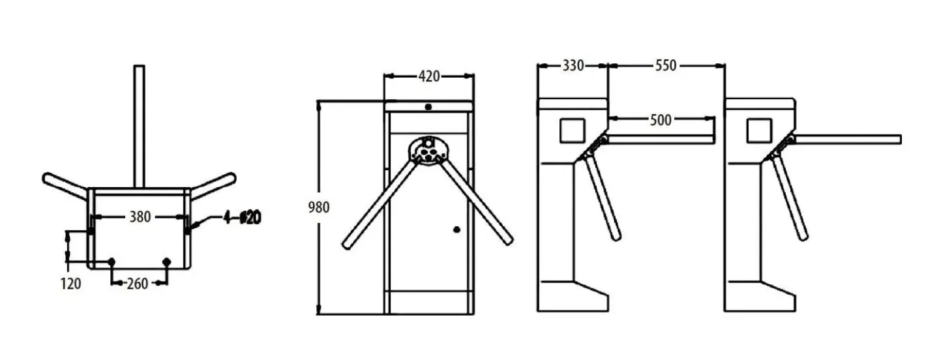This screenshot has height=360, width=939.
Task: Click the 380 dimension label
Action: click(140, 217)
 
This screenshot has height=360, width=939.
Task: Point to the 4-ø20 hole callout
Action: click(242, 217)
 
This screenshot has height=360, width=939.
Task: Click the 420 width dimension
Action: click(428, 76)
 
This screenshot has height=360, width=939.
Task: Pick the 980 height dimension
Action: click(319, 207)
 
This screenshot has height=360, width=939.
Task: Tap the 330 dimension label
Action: click(573, 65)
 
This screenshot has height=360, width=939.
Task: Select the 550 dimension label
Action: click(666, 65)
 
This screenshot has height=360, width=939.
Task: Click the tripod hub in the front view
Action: click(428, 151)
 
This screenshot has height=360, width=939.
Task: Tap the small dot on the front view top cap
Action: click(428, 106)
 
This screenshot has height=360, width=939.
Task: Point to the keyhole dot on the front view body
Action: click(456, 229)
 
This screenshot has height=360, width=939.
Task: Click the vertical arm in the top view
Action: click(139, 124)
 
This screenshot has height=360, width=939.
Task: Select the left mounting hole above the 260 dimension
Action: click(112, 262)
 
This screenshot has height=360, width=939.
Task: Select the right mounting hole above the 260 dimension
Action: click(166, 262)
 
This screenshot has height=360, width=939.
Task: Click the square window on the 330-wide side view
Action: click(572, 130)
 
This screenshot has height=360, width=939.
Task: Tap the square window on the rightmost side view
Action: click(759, 130)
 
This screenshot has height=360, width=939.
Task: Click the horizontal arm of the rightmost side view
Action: click(848, 139)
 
